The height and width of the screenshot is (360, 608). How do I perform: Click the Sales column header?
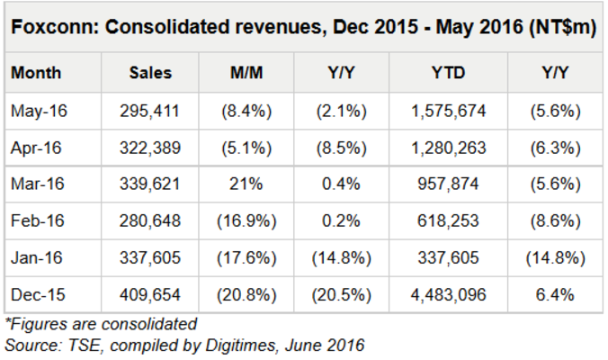click(x=150, y=73)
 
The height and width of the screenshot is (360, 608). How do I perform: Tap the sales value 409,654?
click(x=150, y=294)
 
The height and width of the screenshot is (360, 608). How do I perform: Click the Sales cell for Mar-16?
click(x=150, y=184)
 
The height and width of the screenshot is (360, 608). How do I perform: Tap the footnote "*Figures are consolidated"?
click(x=101, y=323)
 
